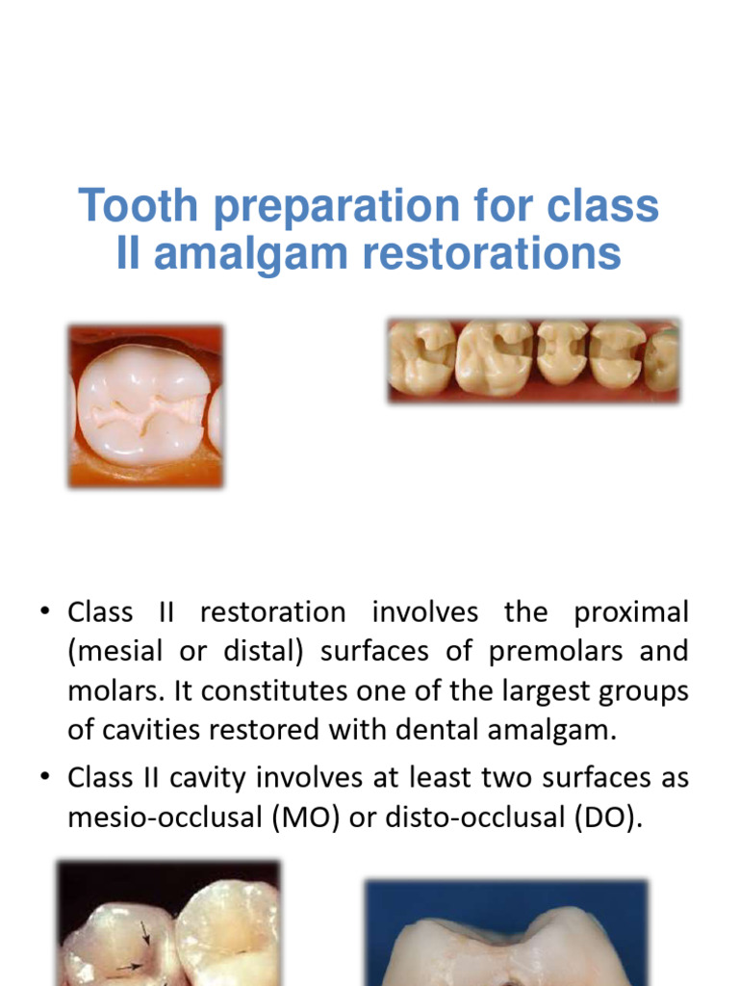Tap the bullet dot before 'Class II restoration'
44,613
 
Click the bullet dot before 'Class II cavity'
44,777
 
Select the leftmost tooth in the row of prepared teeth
420,359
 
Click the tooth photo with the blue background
505,934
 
